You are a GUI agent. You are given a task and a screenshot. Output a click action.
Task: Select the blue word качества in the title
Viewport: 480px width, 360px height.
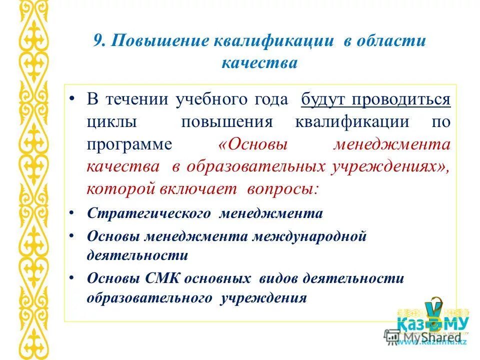[x=259, y=63]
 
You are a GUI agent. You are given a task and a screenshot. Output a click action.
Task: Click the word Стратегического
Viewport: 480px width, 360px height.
[x=148, y=213]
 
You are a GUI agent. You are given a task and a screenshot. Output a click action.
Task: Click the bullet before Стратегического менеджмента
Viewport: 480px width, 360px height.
[x=72, y=214]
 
